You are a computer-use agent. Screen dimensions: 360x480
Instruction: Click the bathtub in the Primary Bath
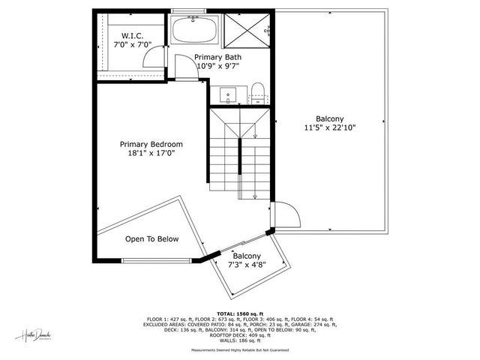coord(194,31)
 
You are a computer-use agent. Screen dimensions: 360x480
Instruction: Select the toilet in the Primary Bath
coord(257,93)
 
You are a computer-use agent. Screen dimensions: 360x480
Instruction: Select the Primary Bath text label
coord(218,57)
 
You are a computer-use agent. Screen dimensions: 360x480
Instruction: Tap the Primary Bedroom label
coord(151,144)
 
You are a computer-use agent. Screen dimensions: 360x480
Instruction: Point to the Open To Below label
coord(151,239)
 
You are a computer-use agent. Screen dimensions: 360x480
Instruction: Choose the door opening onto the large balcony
coord(287,216)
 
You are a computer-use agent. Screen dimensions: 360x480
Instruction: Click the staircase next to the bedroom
coord(238,154)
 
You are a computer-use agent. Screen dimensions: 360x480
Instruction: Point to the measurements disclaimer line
coord(240,349)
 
